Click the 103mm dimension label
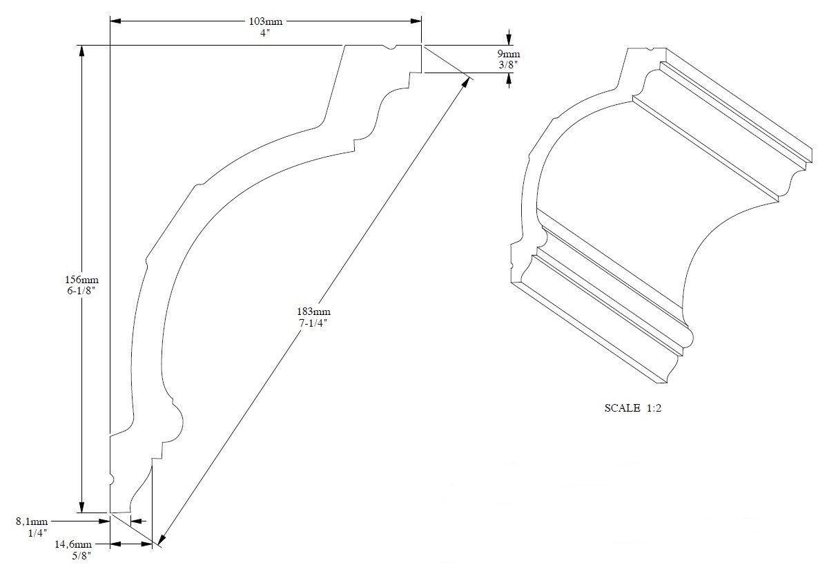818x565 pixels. (x=266, y=22)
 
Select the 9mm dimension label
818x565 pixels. (x=509, y=54)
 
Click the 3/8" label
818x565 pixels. (x=509, y=64)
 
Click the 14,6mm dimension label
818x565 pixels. (x=72, y=544)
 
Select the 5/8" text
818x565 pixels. (x=80, y=555)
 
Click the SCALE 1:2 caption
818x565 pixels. (x=633, y=408)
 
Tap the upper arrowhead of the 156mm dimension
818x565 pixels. (x=82, y=50)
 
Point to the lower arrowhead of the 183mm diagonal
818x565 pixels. (x=161, y=540)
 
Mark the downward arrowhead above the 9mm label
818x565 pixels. (x=509, y=39)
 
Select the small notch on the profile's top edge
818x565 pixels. (x=390, y=48)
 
